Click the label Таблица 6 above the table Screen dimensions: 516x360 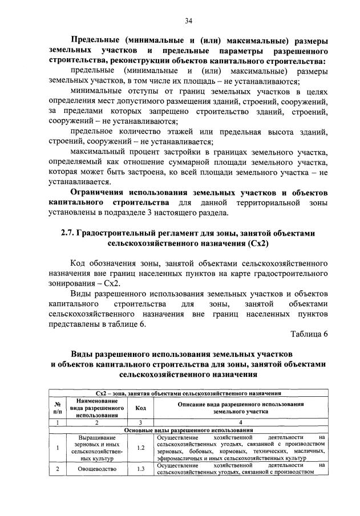point(309,334)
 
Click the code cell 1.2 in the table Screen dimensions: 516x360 point(140,448)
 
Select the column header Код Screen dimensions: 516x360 point(140,407)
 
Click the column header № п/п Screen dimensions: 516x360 point(57,407)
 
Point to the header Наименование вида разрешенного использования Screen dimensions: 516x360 point(97,407)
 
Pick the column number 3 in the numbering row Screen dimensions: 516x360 point(140,422)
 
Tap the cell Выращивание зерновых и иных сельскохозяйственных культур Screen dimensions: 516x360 point(97,448)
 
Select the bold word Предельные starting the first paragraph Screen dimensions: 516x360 point(95,40)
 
